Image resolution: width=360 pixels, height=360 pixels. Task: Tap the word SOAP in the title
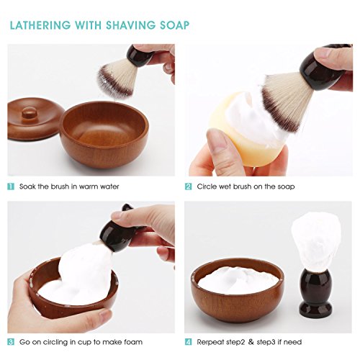point(174,25)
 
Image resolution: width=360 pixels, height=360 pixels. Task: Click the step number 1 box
point(10,186)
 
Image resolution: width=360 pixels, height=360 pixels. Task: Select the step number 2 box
point(189,186)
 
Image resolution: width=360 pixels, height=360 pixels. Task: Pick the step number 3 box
point(10,341)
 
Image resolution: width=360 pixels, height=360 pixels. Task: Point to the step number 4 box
point(189,341)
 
